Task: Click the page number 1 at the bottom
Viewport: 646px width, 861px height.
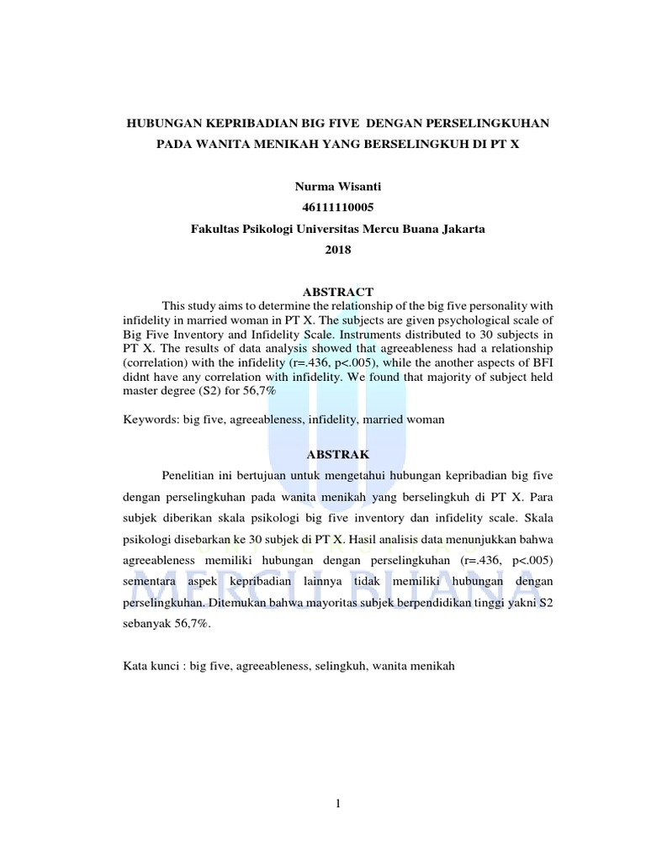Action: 338,804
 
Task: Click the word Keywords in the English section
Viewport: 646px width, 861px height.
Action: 148,419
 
